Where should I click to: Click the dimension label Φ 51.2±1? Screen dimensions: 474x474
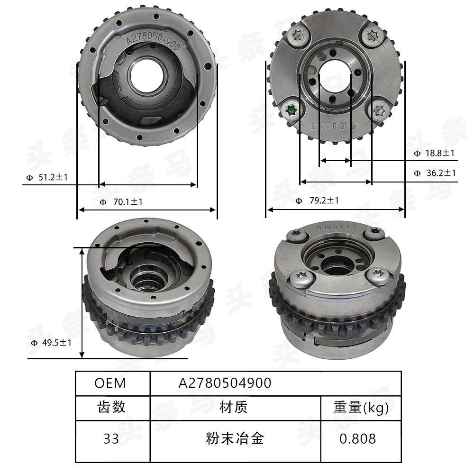pyautogui.click(x=47, y=178)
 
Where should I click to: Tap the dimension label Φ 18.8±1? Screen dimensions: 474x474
pyautogui.click(x=434, y=153)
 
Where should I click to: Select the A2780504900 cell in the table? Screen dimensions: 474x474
pyautogui.click(x=225, y=383)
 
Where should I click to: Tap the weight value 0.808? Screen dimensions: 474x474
pyautogui.click(x=357, y=439)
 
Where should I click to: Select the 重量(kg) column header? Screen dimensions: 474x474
pyautogui.click(x=361, y=407)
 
